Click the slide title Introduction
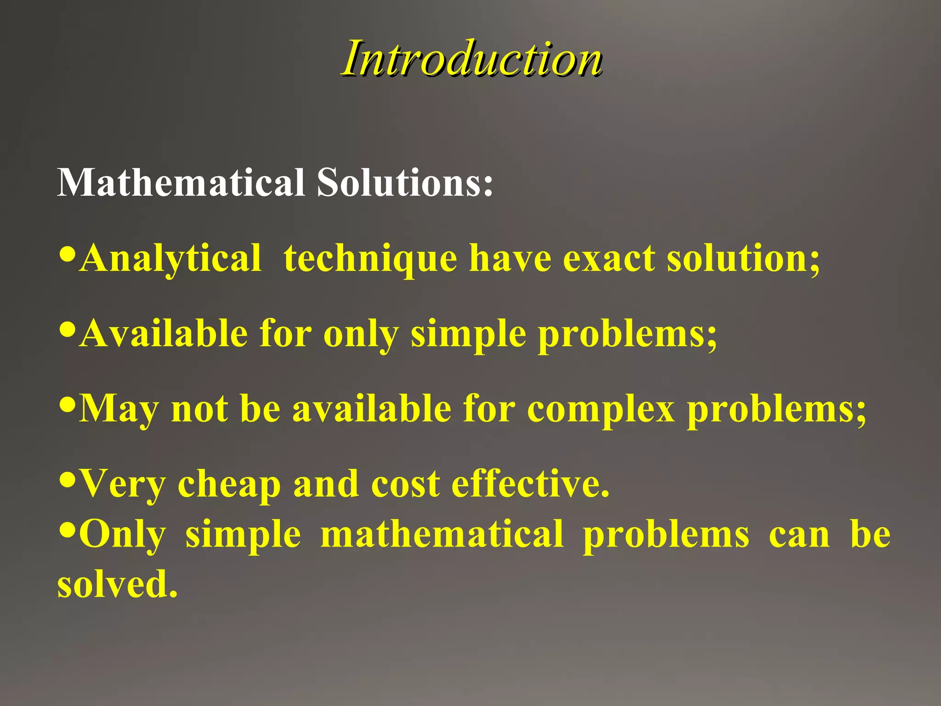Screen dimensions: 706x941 pos(471,59)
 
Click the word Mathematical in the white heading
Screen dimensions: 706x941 pos(181,182)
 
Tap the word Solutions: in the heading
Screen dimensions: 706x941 pos(405,182)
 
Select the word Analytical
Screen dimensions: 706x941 pos(170,258)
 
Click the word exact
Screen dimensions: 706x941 pos(609,258)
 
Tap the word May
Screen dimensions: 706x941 pos(119,409)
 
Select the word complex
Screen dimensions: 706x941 pos(601,409)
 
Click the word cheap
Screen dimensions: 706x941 pos(229,484)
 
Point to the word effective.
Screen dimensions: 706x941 pos(531,484)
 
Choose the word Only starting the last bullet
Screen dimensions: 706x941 pos(122,535)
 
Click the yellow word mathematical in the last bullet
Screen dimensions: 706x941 pos(442,534)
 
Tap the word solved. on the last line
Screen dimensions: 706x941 pos(117,584)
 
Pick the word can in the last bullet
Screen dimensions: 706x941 pos(799,535)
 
